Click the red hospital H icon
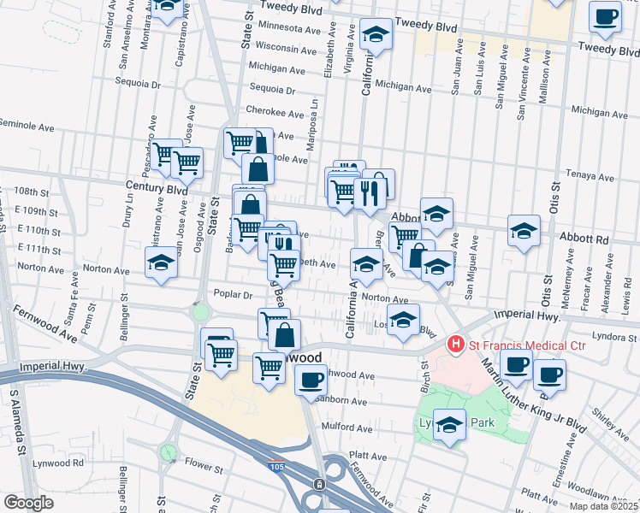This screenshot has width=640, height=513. (x=455, y=345)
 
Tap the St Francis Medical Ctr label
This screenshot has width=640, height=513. (x=525, y=345)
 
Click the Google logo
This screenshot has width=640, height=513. (x=29, y=503)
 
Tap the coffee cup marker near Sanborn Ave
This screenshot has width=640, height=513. (x=311, y=379)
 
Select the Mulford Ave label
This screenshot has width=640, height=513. (x=347, y=427)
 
